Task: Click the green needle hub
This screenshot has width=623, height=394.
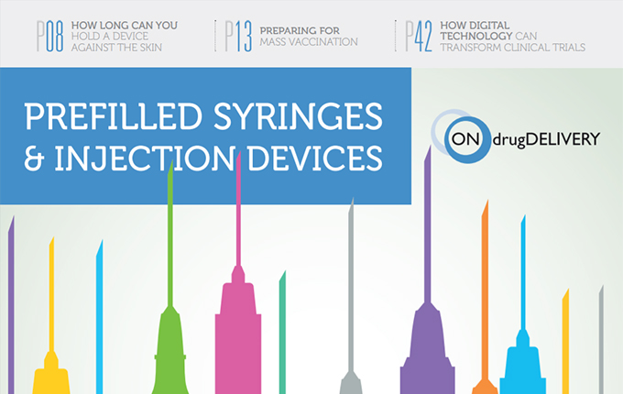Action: point(169,348)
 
